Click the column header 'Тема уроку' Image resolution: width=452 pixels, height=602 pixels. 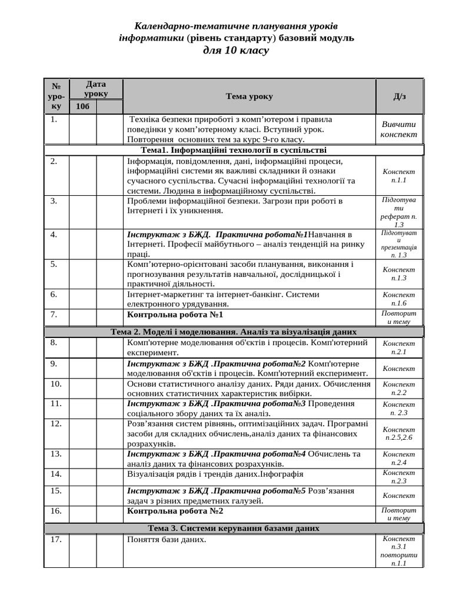[x=249, y=96]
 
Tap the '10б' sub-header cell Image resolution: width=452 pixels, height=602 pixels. [x=83, y=106]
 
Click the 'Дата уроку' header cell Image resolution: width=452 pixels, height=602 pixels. [x=96, y=89]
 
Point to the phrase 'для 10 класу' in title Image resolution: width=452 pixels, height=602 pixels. [x=235, y=51]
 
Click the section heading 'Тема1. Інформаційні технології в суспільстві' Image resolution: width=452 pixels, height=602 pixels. [x=234, y=150]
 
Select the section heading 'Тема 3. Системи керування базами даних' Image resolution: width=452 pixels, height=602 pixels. [x=234, y=529]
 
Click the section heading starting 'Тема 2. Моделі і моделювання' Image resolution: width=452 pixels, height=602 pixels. [x=234, y=332]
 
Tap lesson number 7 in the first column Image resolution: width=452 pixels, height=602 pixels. [x=54, y=315]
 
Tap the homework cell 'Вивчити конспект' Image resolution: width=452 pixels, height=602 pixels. [x=398, y=129]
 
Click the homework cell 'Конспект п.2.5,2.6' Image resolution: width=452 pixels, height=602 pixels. [x=398, y=433]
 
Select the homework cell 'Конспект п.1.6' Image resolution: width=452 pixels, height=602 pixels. [x=398, y=299]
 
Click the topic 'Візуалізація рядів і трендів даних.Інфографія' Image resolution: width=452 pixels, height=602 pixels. [x=215, y=474]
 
